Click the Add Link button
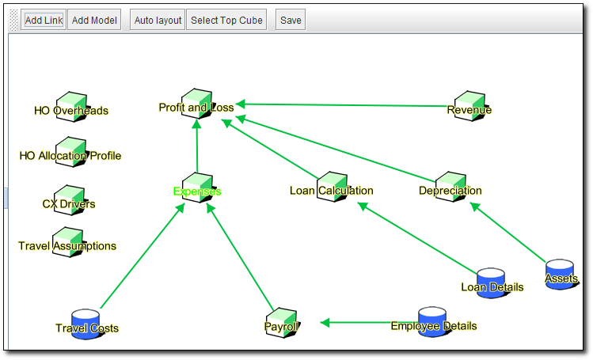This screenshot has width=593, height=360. click(x=44, y=21)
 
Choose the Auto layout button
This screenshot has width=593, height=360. click(x=158, y=21)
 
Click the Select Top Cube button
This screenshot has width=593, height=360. click(x=226, y=21)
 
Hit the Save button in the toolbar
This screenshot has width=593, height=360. click(x=291, y=21)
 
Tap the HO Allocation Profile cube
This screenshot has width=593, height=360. click(x=71, y=151)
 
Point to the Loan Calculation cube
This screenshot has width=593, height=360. click(x=331, y=186)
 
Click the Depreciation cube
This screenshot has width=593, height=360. click(x=450, y=186)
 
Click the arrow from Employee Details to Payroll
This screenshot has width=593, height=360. click(x=356, y=322)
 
